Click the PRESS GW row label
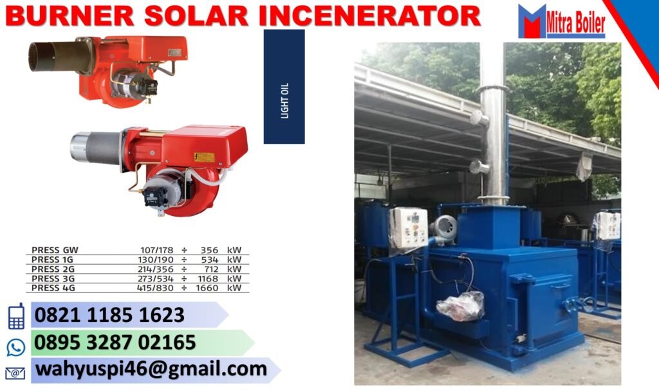(x=55, y=250)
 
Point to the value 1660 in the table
(x=207, y=288)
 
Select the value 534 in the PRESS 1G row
(x=210, y=260)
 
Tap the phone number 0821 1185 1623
(x=109, y=316)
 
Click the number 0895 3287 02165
(x=115, y=343)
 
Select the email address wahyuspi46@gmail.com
(x=151, y=370)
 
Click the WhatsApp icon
(x=15, y=347)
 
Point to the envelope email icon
(x=15, y=373)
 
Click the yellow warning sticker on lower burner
(x=204, y=157)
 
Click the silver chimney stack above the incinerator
(x=494, y=129)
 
